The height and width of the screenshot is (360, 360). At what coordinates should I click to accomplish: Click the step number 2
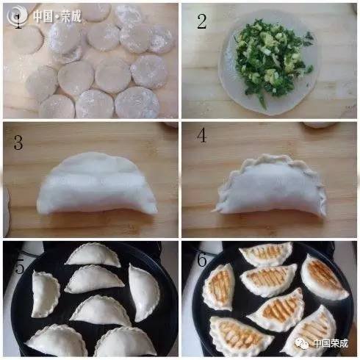pyautogui.click(x=202, y=21)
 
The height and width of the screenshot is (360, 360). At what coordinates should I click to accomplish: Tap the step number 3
pyautogui.click(x=18, y=143)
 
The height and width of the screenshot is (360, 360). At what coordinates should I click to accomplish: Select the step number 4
pyautogui.click(x=201, y=135)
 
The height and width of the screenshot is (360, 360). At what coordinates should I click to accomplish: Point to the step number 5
pyautogui.click(x=20, y=266)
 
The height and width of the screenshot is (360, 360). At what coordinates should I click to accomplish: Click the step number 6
pyautogui.click(x=202, y=259)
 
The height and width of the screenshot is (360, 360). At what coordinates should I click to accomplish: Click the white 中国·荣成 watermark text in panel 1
pyautogui.click(x=57, y=16)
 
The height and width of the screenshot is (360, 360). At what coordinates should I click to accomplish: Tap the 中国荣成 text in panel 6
pyautogui.click(x=331, y=343)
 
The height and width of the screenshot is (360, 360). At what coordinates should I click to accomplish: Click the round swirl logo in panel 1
pyautogui.click(x=17, y=16)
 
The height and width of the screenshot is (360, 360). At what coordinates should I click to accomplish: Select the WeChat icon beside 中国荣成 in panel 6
pyautogui.click(x=302, y=343)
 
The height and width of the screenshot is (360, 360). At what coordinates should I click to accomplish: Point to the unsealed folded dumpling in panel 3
pyautogui.click(x=97, y=184)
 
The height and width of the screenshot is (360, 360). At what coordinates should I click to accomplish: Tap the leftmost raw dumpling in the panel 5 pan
pyautogui.click(x=46, y=295)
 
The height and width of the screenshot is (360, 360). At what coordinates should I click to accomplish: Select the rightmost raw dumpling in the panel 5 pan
pyautogui.click(x=145, y=292)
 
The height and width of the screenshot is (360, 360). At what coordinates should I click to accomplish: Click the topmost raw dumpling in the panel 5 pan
pyautogui.click(x=93, y=255)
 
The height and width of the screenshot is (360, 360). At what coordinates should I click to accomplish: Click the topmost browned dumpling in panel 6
pyautogui.click(x=267, y=253)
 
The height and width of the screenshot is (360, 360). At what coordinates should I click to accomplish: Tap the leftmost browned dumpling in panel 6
pyautogui.click(x=219, y=287)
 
